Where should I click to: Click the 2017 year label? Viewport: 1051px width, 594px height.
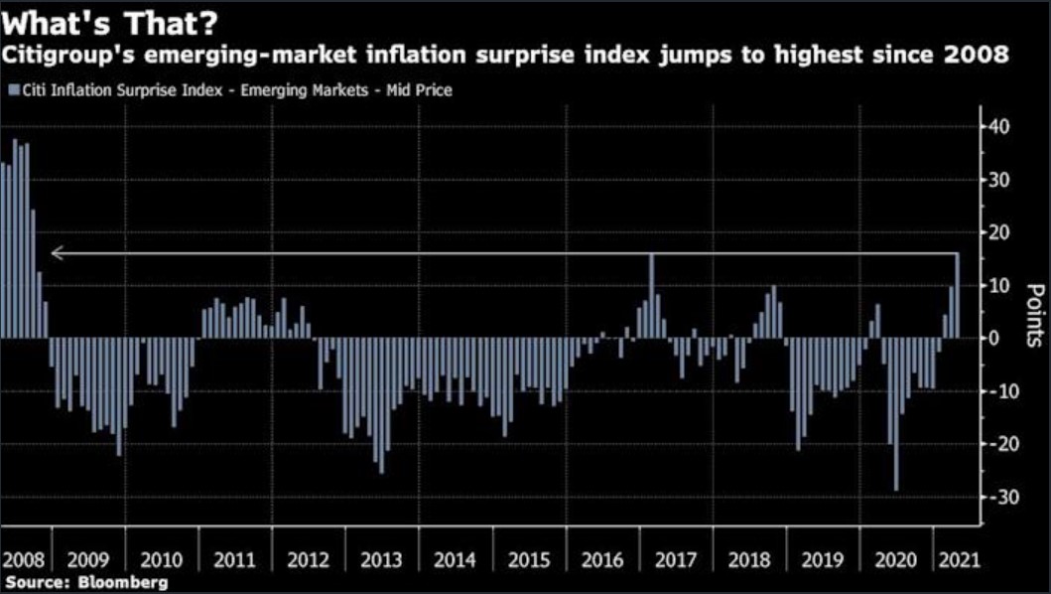(676, 559)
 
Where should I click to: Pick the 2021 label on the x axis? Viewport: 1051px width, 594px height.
(958, 559)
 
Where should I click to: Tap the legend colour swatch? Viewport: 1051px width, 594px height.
(13, 90)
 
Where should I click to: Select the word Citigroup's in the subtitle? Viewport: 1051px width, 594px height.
(70, 56)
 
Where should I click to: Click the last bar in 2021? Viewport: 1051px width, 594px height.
(958, 296)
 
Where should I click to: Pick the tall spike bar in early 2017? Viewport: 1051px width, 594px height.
(652, 296)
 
